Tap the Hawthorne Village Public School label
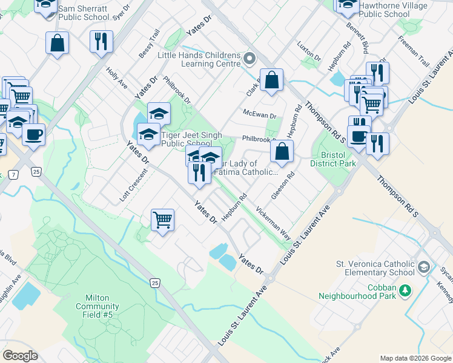(x=393, y=10)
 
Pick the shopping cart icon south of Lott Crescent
(x=162, y=220)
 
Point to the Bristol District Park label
(x=332, y=159)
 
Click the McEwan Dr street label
(x=259, y=114)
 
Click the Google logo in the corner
(x=20, y=356)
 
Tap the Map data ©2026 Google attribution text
(x=415, y=358)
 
